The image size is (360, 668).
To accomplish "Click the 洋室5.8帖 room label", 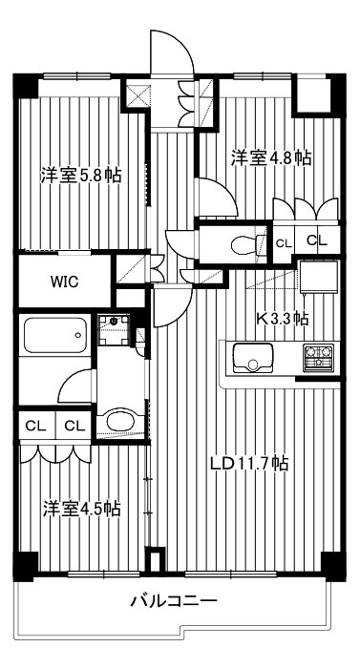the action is (x=80, y=176).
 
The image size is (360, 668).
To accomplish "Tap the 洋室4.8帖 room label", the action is (x=272, y=157).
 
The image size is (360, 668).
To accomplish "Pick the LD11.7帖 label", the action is (x=250, y=465).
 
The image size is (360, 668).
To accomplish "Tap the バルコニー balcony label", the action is (x=175, y=602).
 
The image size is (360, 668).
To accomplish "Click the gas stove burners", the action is (x=318, y=359).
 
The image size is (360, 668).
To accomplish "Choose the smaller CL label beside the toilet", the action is (x=284, y=243).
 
